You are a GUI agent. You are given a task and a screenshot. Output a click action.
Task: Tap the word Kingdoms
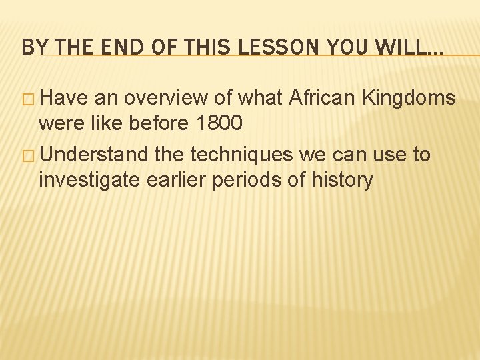click(x=409, y=99)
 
